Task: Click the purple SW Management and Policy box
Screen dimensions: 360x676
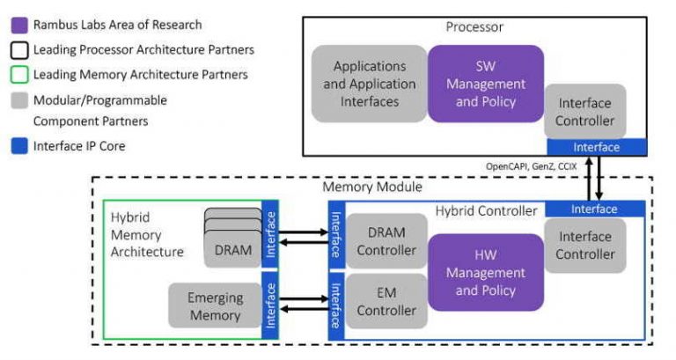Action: click(x=485, y=84)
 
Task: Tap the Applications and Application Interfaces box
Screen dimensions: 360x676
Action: click(x=369, y=84)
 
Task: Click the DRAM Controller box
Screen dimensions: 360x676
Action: click(x=386, y=241)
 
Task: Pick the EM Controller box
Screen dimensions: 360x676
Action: click(x=386, y=301)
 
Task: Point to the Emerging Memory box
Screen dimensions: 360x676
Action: click(x=214, y=305)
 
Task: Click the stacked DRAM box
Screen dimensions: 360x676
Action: click(x=232, y=250)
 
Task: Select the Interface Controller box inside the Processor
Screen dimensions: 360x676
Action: click(x=585, y=111)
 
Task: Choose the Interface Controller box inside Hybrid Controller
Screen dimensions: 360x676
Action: click(x=585, y=245)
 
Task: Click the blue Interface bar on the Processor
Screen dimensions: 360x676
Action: click(x=596, y=147)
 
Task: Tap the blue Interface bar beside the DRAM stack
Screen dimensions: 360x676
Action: click(x=271, y=233)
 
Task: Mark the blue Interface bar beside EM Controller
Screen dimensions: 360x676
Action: click(x=334, y=304)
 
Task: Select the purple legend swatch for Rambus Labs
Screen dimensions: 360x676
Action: click(x=19, y=25)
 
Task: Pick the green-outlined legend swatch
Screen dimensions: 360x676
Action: click(x=19, y=74)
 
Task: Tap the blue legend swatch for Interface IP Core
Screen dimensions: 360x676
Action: click(x=19, y=145)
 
